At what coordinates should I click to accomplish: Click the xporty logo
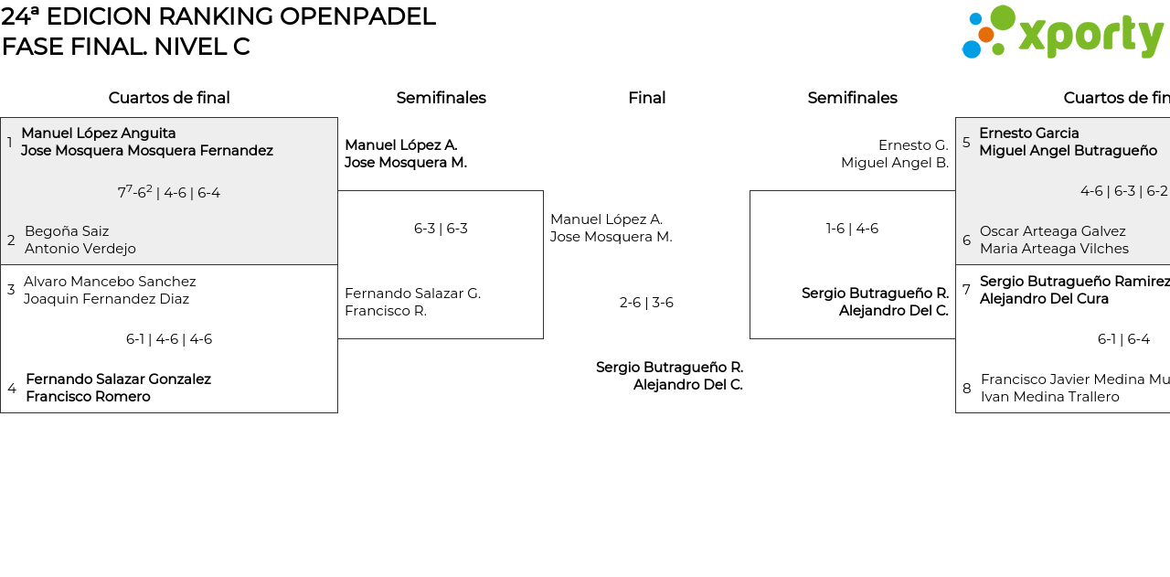1062,33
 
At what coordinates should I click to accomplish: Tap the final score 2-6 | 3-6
646,303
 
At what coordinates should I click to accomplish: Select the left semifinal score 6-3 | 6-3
441,229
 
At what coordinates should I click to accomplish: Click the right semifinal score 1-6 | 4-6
852,229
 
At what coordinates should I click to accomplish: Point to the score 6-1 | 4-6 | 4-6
169,339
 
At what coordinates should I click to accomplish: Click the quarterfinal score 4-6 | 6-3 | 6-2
1123,191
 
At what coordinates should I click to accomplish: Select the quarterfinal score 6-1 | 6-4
1123,339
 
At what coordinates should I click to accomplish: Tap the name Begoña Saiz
67,231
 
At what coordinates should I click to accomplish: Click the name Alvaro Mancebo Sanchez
110,282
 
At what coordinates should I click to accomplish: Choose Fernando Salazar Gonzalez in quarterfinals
118,379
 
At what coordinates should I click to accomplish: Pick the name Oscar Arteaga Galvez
1052,231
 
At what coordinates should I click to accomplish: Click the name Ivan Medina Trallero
1049,397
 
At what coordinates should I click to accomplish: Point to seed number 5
966,143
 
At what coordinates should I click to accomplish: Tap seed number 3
11,290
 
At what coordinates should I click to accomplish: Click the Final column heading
646,98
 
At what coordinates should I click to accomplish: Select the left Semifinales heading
441,98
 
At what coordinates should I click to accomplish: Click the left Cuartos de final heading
169,98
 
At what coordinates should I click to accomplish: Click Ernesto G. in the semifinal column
913,145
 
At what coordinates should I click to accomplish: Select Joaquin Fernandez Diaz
106,299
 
